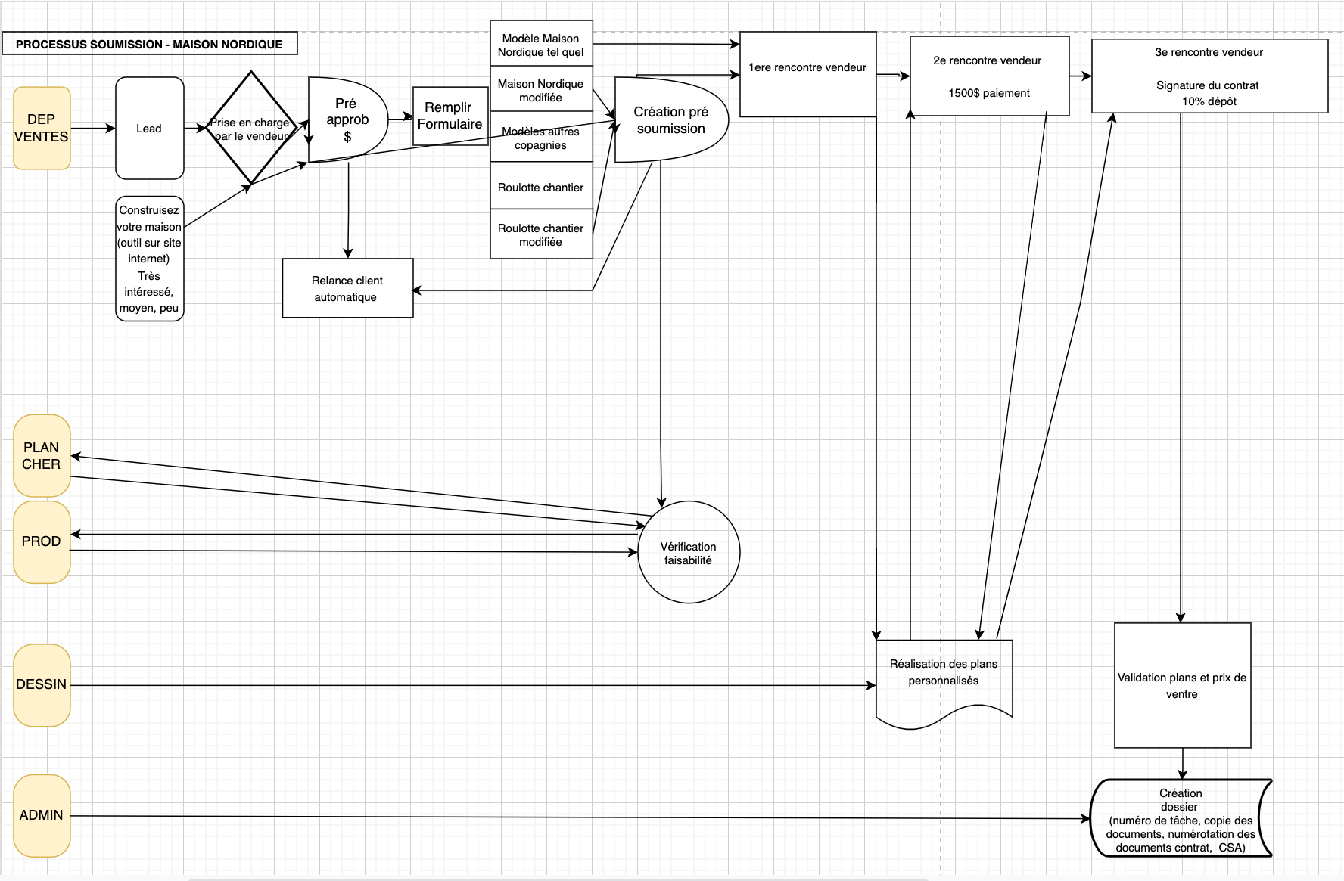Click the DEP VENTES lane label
(x=42, y=128)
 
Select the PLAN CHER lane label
(x=42, y=455)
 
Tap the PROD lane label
(x=42, y=541)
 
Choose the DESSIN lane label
(x=42, y=684)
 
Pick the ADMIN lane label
(x=42, y=815)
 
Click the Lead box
(x=149, y=129)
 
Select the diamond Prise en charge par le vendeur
(x=250, y=129)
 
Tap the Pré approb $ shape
(x=347, y=119)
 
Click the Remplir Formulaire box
(x=450, y=116)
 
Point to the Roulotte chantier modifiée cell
(x=540, y=234)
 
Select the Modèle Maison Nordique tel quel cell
(x=540, y=45)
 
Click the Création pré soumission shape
(x=670, y=120)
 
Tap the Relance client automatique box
(x=347, y=288)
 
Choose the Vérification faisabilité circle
(x=689, y=553)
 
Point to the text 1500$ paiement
(x=989, y=93)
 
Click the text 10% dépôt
(x=1209, y=101)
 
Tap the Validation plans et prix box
(x=1182, y=685)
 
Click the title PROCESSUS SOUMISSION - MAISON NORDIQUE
(x=149, y=44)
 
